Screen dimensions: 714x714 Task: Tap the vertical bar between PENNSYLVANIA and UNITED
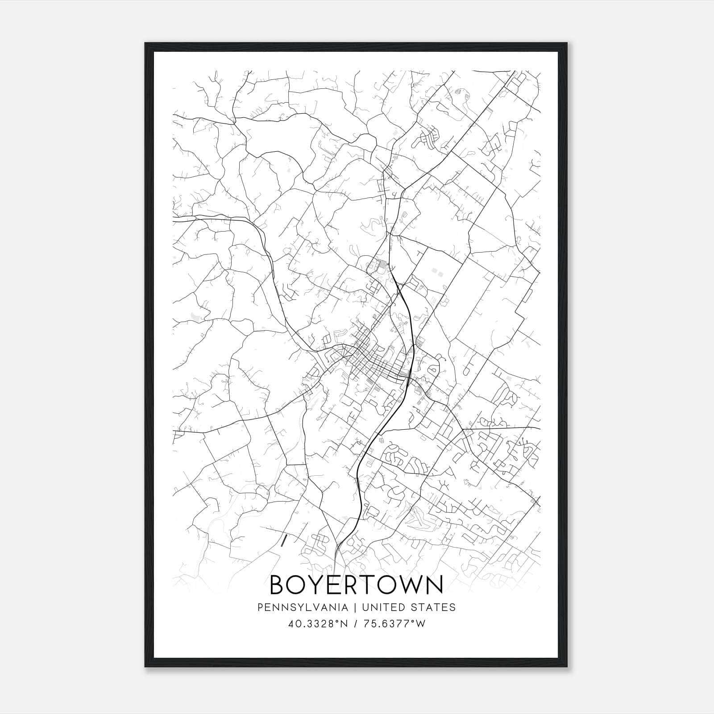tap(355, 607)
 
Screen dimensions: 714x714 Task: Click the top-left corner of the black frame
tap(145, 43)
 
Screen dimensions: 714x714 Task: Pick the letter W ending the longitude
tap(421, 624)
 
